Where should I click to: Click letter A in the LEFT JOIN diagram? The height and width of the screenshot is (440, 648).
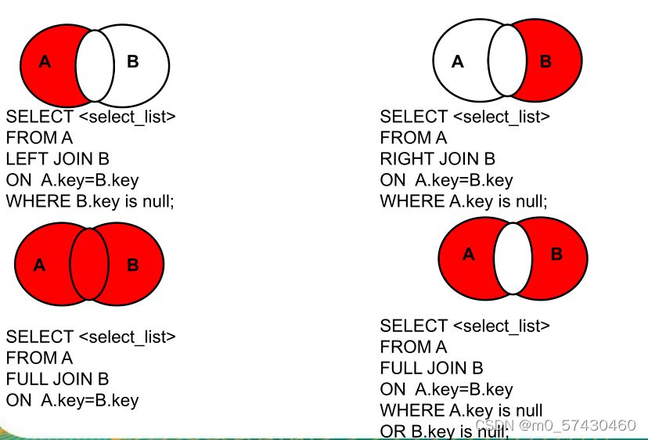(x=45, y=61)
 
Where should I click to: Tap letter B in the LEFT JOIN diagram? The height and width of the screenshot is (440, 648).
(x=132, y=61)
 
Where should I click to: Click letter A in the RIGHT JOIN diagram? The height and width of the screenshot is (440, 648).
(x=458, y=61)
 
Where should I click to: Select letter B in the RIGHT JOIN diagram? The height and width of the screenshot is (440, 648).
(x=546, y=61)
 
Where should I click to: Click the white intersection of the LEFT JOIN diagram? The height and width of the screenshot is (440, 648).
(x=95, y=66)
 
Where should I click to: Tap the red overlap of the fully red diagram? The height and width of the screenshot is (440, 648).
(x=88, y=265)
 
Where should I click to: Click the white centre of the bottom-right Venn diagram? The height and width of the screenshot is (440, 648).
(x=513, y=258)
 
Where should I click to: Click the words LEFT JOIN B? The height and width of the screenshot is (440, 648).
(x=57, y=159)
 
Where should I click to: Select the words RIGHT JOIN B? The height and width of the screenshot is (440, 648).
(x=437, y=159)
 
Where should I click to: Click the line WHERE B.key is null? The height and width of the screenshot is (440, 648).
(x=90, y=201)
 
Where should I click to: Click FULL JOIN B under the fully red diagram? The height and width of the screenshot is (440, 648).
(x=57, y=380)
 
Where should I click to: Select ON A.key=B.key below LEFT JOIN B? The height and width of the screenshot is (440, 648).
(x=72, y=180)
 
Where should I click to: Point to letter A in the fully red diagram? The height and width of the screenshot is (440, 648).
(x=39, y=265)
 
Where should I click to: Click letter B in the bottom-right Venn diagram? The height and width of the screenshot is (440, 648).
(x=557, y=254)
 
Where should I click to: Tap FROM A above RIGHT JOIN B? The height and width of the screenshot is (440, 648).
(x=413, y=138)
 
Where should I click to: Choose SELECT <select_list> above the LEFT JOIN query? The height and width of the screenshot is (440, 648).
(x=91, y=117)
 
